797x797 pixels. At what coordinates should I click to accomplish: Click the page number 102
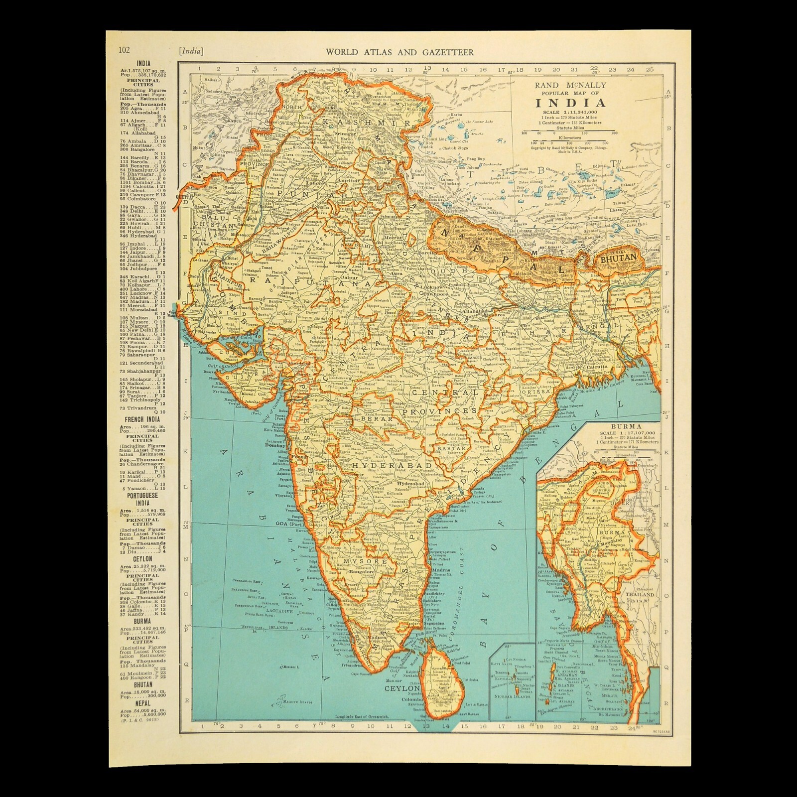[124, 50]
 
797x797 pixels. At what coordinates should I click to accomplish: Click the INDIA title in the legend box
[571, 104]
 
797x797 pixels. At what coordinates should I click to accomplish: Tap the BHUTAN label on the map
[619, 258]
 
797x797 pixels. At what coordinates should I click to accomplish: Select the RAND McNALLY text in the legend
[571, 85]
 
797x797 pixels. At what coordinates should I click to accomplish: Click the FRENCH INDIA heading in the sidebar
[142, 418]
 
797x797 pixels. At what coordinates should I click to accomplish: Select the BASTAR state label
[452, 448]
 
